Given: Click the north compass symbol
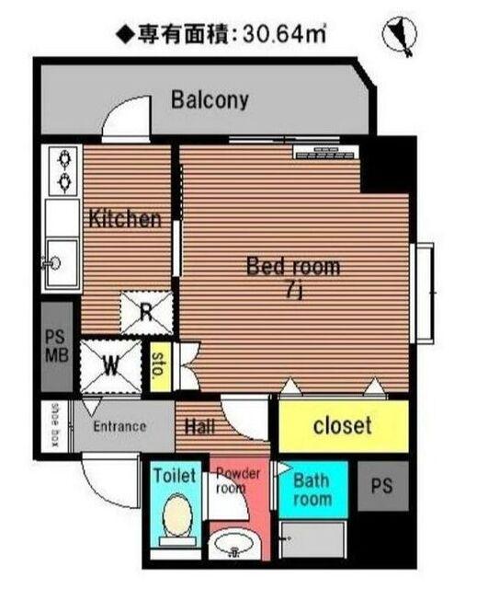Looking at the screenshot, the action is pyautogui.click(x=400, y=36).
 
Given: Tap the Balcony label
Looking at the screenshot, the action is pyautogui.click(x=210, y=100).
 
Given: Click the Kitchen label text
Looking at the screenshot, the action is pyautogui.click(x=125, y=219).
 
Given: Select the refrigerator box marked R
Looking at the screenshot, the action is pyautogui.click(x=147, y=313).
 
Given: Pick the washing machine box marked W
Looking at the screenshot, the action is pyautogui.click(x=111, y=366).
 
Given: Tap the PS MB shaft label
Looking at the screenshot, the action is pyautogui.click(x=57, y=346).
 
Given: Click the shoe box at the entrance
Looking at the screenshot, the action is pyautogui.click(x=55, y=425).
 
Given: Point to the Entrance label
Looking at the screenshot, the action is pyautogui.click(x=119, y=426).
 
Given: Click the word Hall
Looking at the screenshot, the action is pyautogui.click(x=200, y=427).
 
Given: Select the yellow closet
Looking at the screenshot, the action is pyautogui.click(x=343, y=426).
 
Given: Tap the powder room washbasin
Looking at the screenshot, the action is pyautogui.click(x=234, y=545).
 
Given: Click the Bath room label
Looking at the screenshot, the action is pyautogui.click(x=312, y=490).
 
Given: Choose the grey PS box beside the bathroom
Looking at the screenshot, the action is pyautogui.click(x=383, y=486).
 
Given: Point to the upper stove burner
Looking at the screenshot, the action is pyautogui.click(x=65, y=159).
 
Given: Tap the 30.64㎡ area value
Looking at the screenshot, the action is pyautogui.click(x=283, y=35).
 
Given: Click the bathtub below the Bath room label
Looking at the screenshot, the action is pyautogui.click(x=313, y=540).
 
